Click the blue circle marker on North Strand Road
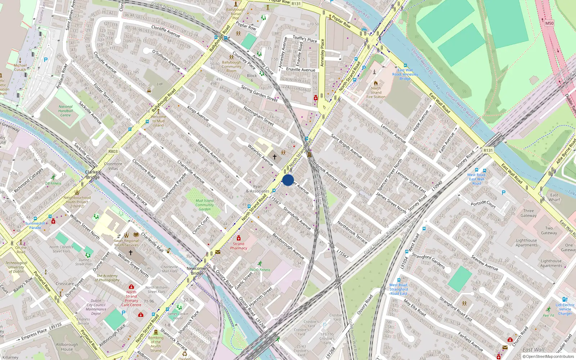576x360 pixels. pyautogui.click(x=288, y=180)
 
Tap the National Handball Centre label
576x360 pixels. pyautogui.click(x=66, y=111)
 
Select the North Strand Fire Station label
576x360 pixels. pyautogui.click(x=376, y=93)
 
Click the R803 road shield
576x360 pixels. pyautogui.click(x=113, y=152)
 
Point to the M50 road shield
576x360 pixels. pyautogui.click(x=549, y=23)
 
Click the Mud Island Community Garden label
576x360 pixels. pyautogui.click(x=204, y=205)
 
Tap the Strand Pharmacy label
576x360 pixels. pyautogui.click(x=239, y=246)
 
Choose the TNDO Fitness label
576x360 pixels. pyautogui.click(x=260, y=270)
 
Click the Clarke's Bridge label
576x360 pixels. pyautogui.click(x=93, y=175)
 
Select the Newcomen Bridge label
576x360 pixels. pyautogui.click(x=197, y=271)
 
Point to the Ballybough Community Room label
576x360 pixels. pyautogui.click(x=231, y=66)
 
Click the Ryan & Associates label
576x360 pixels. pyautogui.click(x=257, y=189)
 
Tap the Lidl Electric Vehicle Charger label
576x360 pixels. pyautogui.click(x=565, y=309)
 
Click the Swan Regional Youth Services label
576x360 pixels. pyautogui.click(x=126, y=243)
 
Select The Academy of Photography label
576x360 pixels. pyautogui.click(x=107, y=278)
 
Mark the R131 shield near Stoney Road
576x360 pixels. pyautogui.click(x=488, y=150)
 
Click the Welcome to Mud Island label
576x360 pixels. pyautogui.click(x=158, y=121)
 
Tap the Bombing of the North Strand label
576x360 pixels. pyautogui.click(x=156, y=344)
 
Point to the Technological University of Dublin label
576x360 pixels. pyautogui.click(x=16, y=267)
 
